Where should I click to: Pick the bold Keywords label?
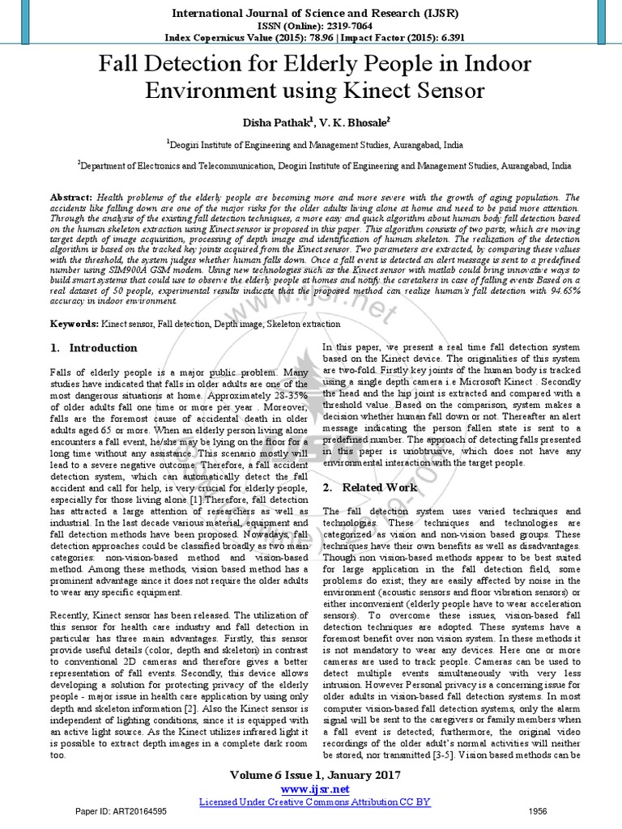click(75, 323)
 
